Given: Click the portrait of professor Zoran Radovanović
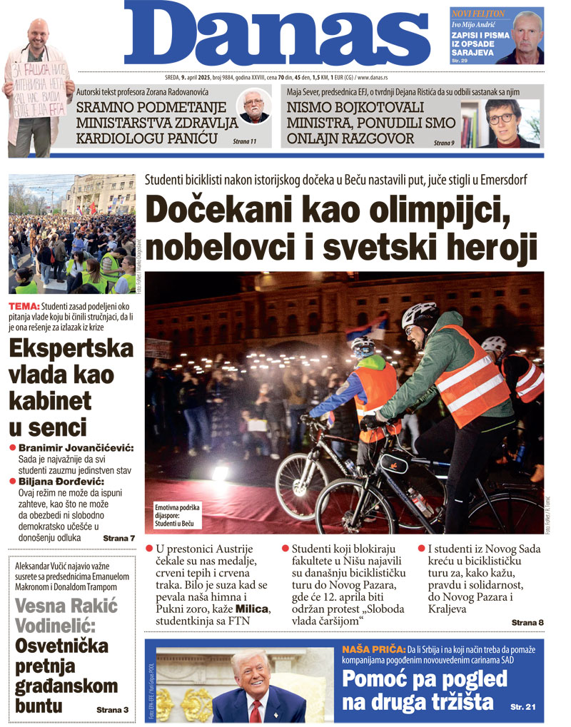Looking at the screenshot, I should pyautogui.click(x=255, y=108).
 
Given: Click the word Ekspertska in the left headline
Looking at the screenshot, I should pyautogui.click(x=71, y=349).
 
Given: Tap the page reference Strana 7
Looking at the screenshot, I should pyautogui.click(x=118, y=537).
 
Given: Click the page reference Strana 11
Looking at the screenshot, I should pyautogui.click(x=244, y=142).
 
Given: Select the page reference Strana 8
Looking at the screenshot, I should pyautogui.click(x=527, y=623).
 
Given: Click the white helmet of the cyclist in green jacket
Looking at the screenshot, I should pyautogui.click(x=418, y=313).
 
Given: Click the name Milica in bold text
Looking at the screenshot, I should pyautogui.click(x=253, y=608).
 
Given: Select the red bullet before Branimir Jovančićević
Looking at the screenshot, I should pyautogui.click(x=12, y=447).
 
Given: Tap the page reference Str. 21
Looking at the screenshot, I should pyautogui.click(x=523, y=706).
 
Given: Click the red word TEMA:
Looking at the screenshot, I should pyautogui.click(x=26, y=306).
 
